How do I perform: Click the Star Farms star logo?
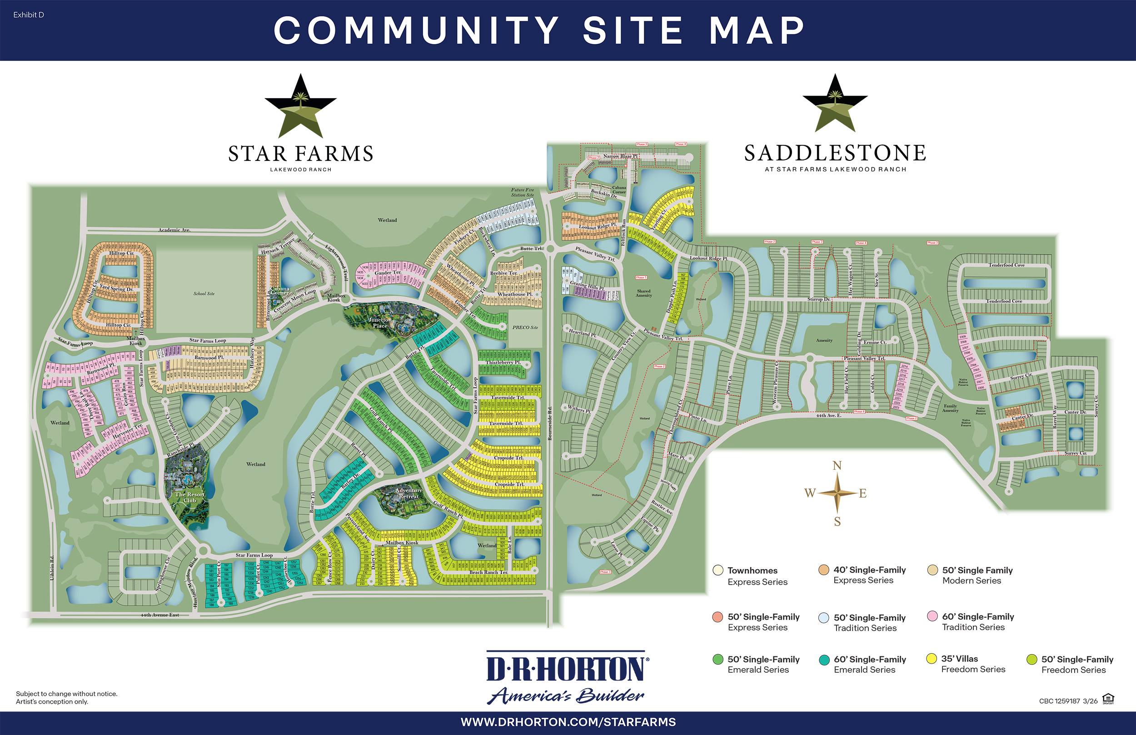coord(301,106)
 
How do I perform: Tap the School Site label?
coord(204,293)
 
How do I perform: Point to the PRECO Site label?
coord(525,328)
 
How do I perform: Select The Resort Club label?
coord(189,497)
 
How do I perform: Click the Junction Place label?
coord(380,323)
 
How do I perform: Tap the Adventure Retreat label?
coord(409,493)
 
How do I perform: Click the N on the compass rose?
coord(837,466)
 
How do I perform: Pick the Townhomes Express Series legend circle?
coord(718,571)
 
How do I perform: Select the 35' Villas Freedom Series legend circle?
coord(931,659)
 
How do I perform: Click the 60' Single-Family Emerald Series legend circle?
coord(824,660)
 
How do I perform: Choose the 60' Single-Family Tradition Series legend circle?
coord(932,616)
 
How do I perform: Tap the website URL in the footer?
coord(568,722)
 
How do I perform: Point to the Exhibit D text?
coord(29,15)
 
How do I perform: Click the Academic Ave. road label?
coord(174,230)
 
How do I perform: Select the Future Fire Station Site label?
coord(522,192)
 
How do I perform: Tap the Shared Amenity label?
coord(643,293)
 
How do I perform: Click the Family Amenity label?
coord(950,408)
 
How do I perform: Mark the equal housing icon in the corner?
coord(1108,699)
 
